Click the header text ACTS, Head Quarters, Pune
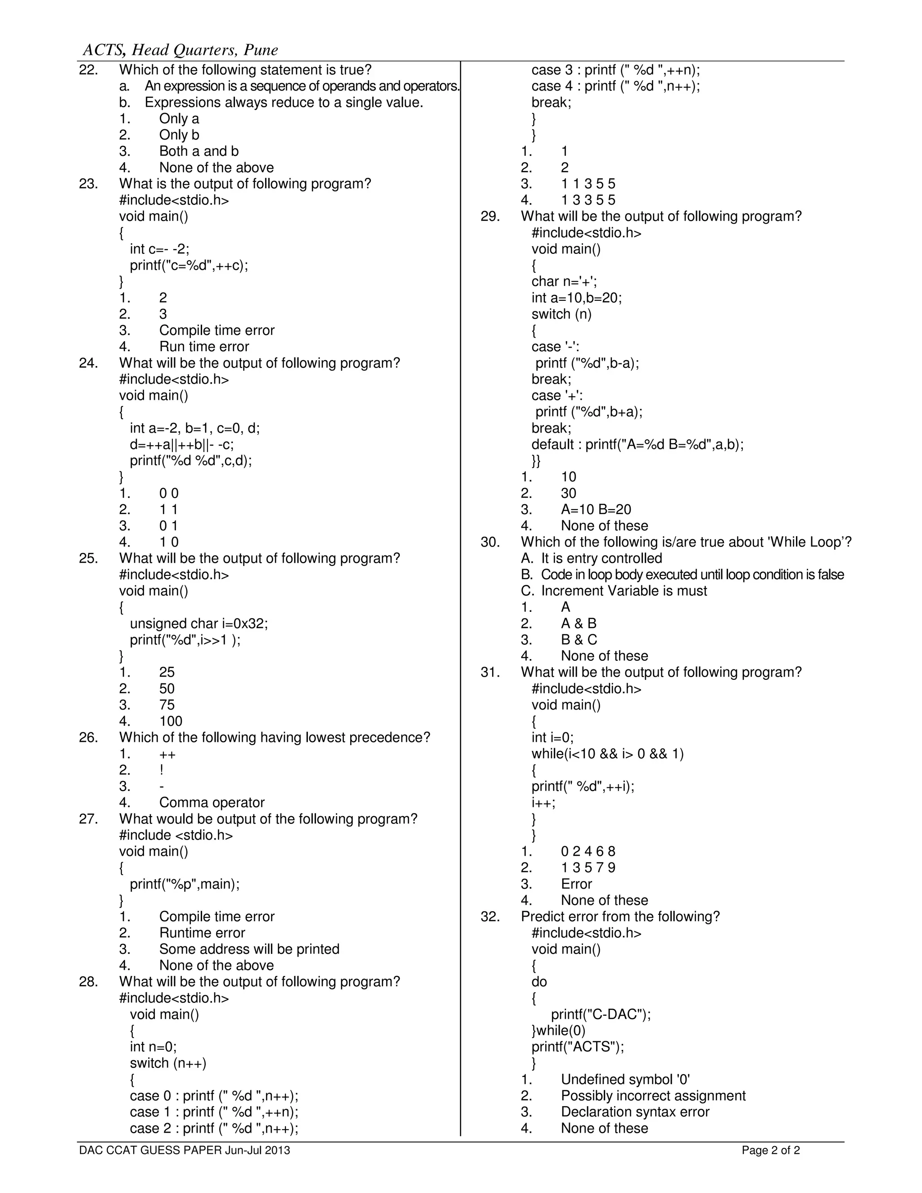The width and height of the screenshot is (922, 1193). click(x=180, y=50)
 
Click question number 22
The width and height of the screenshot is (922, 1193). click(x=89, y=70)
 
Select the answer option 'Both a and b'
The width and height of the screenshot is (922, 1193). click(x=199, y=151)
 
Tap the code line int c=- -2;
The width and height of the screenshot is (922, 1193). click(x=159, y=249)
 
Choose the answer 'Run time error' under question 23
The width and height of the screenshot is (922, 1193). click(x=204, y=347)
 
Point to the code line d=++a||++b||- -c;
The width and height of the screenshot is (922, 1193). click(x=182, y=444)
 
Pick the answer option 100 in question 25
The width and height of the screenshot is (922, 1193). click(x=171, y=721)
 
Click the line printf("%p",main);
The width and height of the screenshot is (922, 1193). click(x=185, y=884)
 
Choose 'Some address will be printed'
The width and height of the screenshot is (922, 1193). click(x=249, y=949)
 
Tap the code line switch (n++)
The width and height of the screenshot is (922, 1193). click(x=168, y=1063)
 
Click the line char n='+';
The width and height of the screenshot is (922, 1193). click(x=564, y=281)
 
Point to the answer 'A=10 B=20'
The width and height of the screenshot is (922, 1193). click(x=596, y=510)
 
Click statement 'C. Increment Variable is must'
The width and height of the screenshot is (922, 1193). click(x=614, y=591)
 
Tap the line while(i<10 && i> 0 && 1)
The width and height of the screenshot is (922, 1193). click(x=607, y=754)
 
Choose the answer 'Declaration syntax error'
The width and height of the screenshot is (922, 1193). click(x=635, y=1112)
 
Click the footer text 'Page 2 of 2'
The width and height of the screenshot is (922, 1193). click(x=771, y=1150)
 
